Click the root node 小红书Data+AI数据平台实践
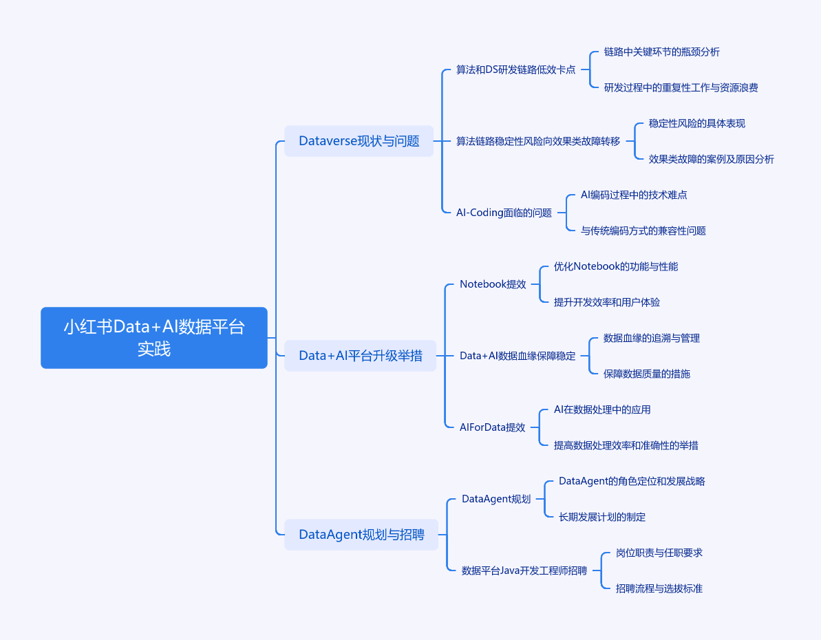(154, 338)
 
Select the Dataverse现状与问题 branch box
(359, 141)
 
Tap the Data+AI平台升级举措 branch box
(360, 356)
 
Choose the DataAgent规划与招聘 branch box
(361, 535)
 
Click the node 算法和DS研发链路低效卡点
(515, 70)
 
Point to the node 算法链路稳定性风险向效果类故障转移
(537, 141)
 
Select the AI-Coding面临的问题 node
(504, 213)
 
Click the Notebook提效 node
(493, 284)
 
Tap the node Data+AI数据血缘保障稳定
(518, 356)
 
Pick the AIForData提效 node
(492, 427)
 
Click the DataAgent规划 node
(496, 499)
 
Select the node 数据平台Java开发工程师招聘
(524, 571)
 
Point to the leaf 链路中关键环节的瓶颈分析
(662, 52)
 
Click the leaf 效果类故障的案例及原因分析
(711, 159)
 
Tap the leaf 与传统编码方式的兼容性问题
(643, 231)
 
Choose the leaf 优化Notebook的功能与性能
(616, 266)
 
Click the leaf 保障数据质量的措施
(647, 374)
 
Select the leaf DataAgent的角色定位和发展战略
(632, 481)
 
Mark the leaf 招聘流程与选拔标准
(659, 588)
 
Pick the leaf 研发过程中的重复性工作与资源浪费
(681, 88)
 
